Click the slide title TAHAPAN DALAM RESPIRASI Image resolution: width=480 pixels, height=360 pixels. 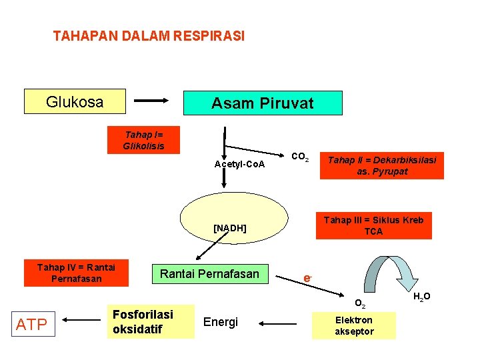[149, 36]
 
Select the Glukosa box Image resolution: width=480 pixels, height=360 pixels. [75, 102]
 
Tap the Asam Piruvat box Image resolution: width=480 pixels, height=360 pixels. [262, 103]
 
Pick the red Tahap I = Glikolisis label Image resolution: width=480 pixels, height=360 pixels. [143, 140]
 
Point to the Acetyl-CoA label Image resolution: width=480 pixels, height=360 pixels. [239, 164]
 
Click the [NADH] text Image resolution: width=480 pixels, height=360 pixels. [229, 228]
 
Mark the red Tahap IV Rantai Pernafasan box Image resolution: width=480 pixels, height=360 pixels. [76, 273]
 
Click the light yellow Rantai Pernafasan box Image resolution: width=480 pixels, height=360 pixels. [209, 273]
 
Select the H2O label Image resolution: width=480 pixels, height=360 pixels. [421, 296]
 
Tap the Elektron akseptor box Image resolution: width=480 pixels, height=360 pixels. [353, 325]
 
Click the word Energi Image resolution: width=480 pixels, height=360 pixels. [220, 323]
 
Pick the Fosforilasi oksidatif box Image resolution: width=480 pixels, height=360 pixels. [152, 321]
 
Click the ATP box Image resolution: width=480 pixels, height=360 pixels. [31, 325]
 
